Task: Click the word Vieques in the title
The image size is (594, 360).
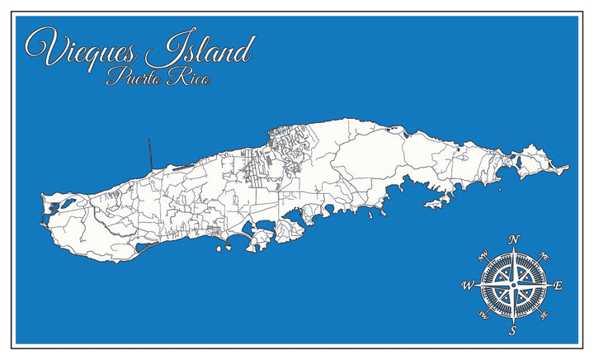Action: coord(82,50)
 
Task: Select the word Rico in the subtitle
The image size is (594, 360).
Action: coord(187,79)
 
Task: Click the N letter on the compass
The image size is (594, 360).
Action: coord(513,240)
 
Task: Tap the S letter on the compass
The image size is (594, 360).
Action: coord(512,331)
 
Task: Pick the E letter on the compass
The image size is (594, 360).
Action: coord(559,286)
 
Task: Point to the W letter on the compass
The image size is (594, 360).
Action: coord(467,286)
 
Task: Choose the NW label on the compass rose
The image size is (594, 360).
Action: coord(483,255)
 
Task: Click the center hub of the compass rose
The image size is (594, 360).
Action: coord(513,286)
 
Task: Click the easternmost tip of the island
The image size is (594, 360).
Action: coord(568,168)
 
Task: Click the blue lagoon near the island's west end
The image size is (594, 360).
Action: coord(54,210)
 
